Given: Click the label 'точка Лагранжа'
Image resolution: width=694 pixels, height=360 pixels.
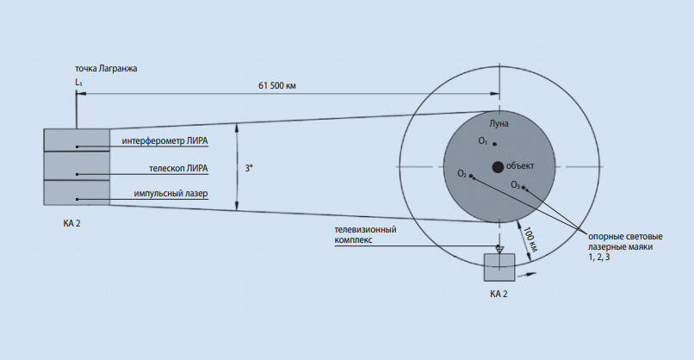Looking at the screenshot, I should tap(106, 67).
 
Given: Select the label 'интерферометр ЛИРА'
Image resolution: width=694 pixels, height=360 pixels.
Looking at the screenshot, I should tap(165, 140).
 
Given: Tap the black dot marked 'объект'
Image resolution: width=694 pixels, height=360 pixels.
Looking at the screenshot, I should tap(498, 166).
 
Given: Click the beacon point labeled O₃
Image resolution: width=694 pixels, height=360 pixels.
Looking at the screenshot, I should tap(524, 187).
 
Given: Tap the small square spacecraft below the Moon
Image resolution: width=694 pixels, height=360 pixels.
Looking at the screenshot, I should tap(499, 267).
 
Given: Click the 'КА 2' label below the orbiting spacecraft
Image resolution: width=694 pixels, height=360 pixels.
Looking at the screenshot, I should tap(499, 294).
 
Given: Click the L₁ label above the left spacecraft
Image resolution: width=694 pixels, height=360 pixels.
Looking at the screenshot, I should tap(78, 82).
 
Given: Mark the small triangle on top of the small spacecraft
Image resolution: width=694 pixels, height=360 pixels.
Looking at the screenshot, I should tap(499, 249).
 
